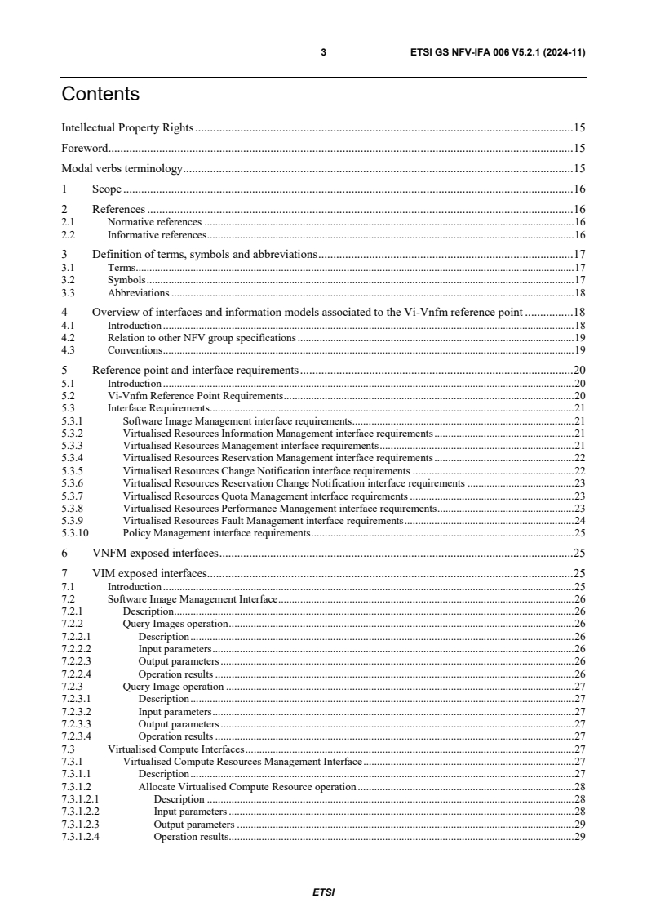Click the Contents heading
pos(100,95)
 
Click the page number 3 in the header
pos(324,52)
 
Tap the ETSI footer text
pos(324,892)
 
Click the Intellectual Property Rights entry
pos(127,128)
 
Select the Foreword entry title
pos(86,149)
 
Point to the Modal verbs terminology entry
pos(122,169)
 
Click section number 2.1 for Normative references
pos(69,221)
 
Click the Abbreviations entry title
pos(138,292)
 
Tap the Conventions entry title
pos(135,350)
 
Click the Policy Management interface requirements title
pos(216,533)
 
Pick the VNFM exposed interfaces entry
pos(155,554)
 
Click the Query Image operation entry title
pos(173,687)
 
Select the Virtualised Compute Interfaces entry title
pos(175,749)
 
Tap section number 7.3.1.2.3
pos(80,825)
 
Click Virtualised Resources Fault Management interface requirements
pos(263,521)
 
